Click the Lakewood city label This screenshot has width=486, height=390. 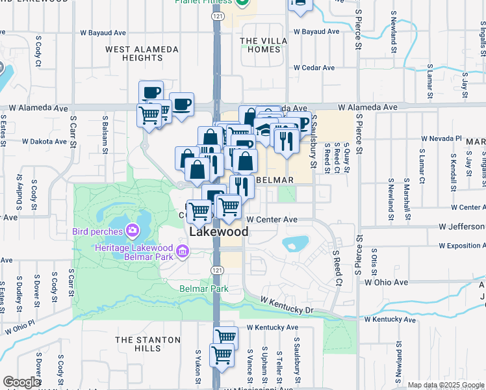(x=218, y=232)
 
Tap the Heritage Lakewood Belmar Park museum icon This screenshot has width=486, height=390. (x=183, y=251)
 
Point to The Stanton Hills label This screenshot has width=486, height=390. (x=147, y=344)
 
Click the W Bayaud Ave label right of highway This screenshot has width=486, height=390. (x=316, y=31)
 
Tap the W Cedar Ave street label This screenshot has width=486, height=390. (x=313, y=68)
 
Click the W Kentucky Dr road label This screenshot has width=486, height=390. (x=287, y=304)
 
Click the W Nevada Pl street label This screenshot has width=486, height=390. (x=441, y=138)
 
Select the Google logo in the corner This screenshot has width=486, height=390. (x=21, y=382)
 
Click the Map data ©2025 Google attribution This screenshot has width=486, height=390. (x=446, y=385)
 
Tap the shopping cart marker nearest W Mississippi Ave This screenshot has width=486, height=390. (x=222, y=356)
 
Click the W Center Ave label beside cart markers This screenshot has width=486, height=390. (x=272, y=220)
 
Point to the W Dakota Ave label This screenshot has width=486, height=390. (x=45, y=140)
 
